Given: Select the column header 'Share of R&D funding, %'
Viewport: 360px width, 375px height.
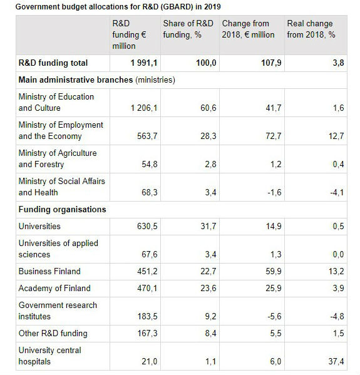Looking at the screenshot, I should click(x=188, y=29).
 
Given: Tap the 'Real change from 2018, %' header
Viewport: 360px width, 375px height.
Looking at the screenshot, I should click(x=311, y=29).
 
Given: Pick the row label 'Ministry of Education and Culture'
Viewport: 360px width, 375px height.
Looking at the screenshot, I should click(x=56, y=102).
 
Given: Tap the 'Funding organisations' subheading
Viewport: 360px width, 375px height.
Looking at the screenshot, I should click(x=62, y=209).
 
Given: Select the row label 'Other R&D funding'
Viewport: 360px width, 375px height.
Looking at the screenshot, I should click(x=53, y=333).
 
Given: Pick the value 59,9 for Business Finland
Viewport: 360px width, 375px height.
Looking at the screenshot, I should click(x=272, y=272).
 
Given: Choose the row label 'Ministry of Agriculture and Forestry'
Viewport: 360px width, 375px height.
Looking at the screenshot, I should click(x=58, y=158).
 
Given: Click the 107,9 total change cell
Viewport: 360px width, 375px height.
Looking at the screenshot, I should click(x=269, y=63).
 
